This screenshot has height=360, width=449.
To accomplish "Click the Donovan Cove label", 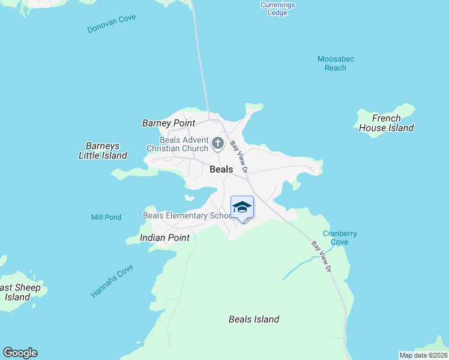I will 112,23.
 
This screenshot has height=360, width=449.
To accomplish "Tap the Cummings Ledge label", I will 277,9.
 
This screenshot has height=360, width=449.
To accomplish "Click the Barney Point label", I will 169,123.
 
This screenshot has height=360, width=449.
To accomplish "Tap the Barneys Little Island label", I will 103,151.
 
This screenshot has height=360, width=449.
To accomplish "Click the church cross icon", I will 217,144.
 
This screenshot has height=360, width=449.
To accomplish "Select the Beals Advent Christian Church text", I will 178,144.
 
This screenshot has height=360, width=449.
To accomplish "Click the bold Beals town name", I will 221,169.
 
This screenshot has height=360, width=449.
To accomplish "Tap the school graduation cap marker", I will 242,208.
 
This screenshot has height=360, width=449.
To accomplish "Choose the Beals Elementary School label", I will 187,215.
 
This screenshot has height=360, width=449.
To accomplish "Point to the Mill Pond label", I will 106,217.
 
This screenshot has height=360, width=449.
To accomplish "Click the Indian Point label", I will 164,238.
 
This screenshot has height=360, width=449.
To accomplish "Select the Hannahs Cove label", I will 112,281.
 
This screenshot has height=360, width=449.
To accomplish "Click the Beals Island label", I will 254,319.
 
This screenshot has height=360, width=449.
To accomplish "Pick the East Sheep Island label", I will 20,292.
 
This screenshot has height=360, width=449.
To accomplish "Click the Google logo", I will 20,353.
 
